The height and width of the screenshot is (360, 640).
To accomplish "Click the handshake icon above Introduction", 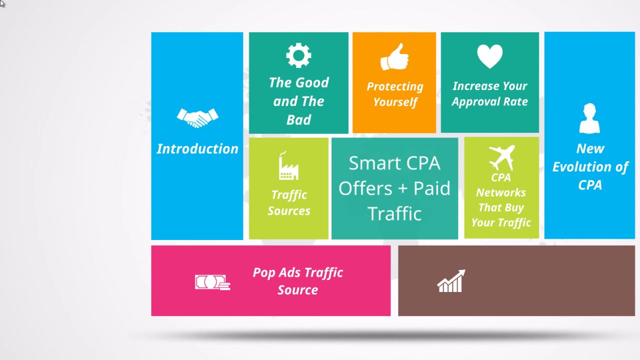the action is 197,117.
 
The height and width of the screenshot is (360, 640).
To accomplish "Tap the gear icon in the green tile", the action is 298,55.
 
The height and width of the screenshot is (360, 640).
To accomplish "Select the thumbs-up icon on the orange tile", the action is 394,57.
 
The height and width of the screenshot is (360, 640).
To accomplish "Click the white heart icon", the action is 489,56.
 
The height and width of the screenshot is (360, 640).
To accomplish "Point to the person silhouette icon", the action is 589,118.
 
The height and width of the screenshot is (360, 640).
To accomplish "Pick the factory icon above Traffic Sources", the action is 288,165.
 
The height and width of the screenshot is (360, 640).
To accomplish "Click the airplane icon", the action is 502,157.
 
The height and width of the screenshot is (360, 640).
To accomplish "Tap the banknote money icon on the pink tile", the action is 212,282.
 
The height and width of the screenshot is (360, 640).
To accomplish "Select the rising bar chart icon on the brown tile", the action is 451,281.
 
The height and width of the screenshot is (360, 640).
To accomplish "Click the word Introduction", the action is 197,149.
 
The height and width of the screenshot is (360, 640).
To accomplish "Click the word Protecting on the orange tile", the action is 395,86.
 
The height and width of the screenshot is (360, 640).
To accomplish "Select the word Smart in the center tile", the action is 371,163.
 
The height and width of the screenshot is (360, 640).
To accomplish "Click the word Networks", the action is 501,192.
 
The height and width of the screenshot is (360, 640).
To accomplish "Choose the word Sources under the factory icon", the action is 289,211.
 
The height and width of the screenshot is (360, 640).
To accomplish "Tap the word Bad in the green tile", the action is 298,119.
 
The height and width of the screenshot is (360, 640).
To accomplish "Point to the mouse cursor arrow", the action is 2,3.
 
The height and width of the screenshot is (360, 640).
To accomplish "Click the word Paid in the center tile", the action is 431,188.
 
